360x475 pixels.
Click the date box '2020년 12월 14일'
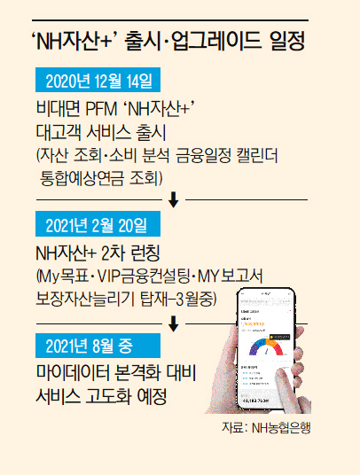tap(98, 80)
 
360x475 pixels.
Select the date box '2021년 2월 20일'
tap(98, 224)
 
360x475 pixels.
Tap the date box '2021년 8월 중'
tap(98, 346)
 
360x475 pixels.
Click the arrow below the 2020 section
tap(173, 200)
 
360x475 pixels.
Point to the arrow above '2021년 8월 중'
tap(173, 323)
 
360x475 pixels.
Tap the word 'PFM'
tap(101, 109)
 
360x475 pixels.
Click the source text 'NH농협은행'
tap(281, 428)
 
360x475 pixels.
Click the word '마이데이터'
tap(75, 372)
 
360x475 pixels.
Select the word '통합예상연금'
tap(82, 178)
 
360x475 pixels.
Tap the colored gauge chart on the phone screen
tap(266, 347)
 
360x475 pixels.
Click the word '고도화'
tap(108, 396)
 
